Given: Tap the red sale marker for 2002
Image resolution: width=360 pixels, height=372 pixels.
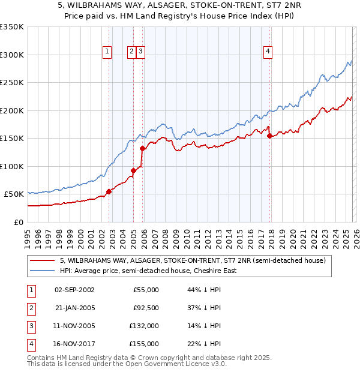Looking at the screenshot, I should point(109,191).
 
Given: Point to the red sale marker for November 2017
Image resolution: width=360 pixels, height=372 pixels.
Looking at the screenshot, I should point(269,136).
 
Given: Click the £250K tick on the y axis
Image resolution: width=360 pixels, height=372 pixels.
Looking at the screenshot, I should point(12,83).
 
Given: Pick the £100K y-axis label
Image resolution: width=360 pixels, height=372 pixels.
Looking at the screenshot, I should point(12,166).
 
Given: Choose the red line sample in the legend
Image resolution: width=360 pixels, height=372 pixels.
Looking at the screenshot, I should point(42,261).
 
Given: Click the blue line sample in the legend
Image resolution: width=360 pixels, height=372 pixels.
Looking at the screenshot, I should point(42,271).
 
